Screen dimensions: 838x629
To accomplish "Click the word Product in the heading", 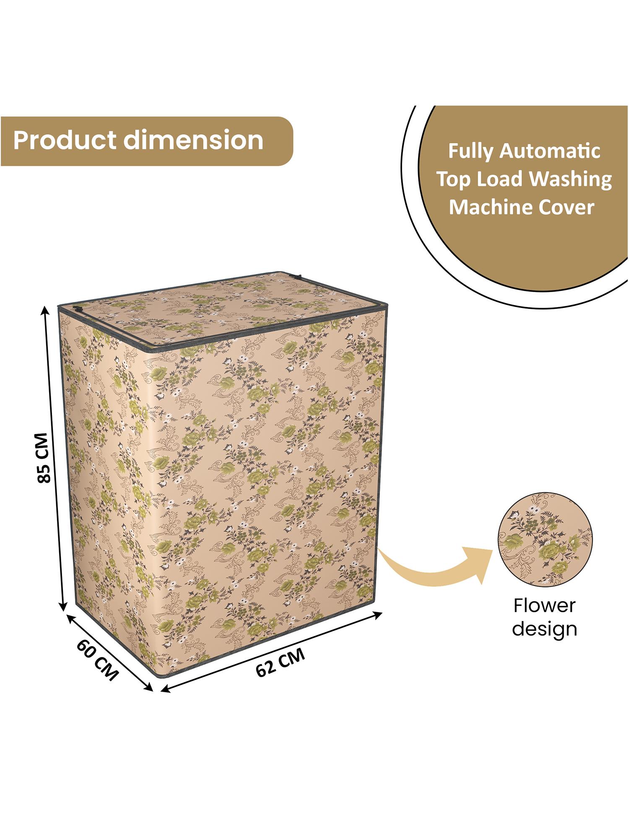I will (65, 140).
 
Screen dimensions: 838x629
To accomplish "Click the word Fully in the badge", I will (470, 152).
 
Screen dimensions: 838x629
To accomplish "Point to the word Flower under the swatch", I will (544, 605).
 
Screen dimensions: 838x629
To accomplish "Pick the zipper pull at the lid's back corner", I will (298, 277).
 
